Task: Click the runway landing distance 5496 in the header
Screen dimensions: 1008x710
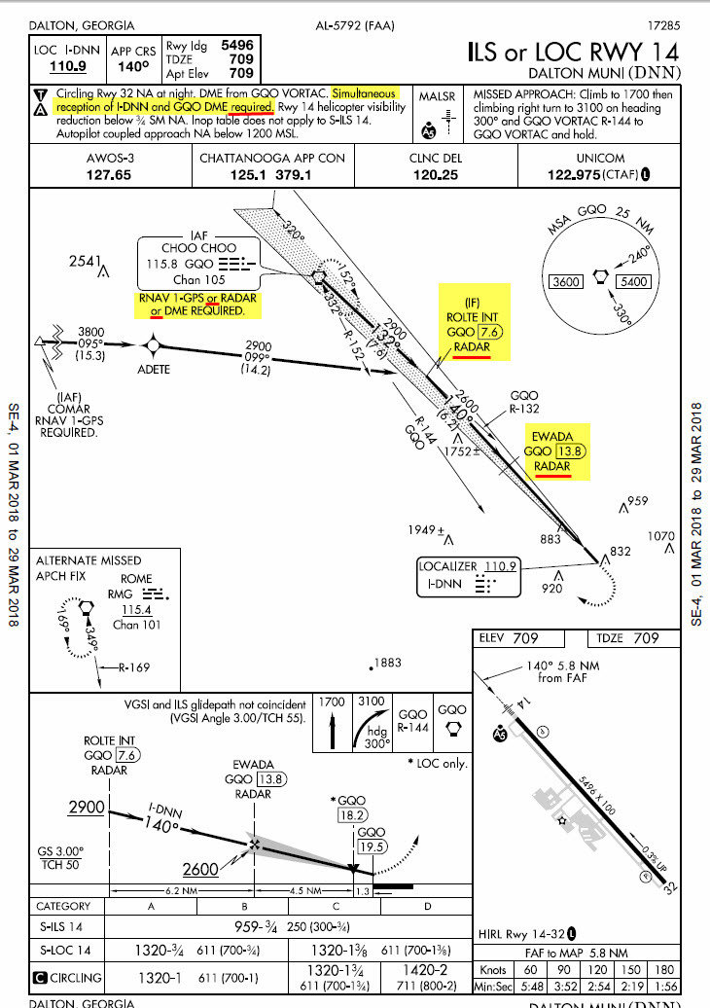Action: pos(237,45)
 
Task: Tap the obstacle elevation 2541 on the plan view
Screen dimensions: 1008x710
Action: pos(86,261)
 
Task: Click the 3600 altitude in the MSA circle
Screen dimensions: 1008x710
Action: pos(566,282)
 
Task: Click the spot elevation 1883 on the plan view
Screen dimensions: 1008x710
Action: pos(387,664)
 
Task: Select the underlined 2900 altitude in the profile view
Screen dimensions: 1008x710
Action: pos(86,809)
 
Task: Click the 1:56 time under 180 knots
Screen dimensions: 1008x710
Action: pos(663,988)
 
